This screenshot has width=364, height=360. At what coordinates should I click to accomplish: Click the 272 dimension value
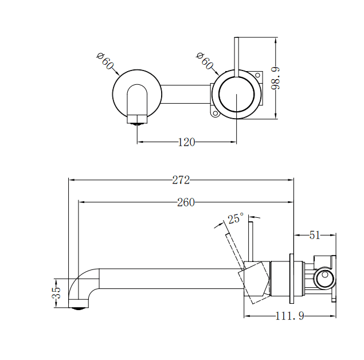click(181, 180)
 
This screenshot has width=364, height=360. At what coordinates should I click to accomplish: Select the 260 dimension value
click(186, 202)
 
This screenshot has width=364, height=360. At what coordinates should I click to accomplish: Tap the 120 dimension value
click(186, 142)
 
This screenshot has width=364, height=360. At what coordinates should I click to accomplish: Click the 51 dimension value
click(315, 234)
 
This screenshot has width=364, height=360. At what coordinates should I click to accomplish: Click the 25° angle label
click(235, 218)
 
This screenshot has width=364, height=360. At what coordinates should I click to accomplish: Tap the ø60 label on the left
click(106, 61)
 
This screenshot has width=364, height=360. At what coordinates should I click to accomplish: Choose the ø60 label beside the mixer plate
click(205, 61)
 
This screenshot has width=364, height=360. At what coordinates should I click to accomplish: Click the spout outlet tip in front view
click(137, 119)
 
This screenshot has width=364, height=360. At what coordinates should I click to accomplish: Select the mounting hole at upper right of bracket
click(257, 75)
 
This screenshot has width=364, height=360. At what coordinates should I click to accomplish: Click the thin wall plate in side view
click(292, 279)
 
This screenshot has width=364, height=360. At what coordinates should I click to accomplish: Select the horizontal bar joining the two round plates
click(186, 95)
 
